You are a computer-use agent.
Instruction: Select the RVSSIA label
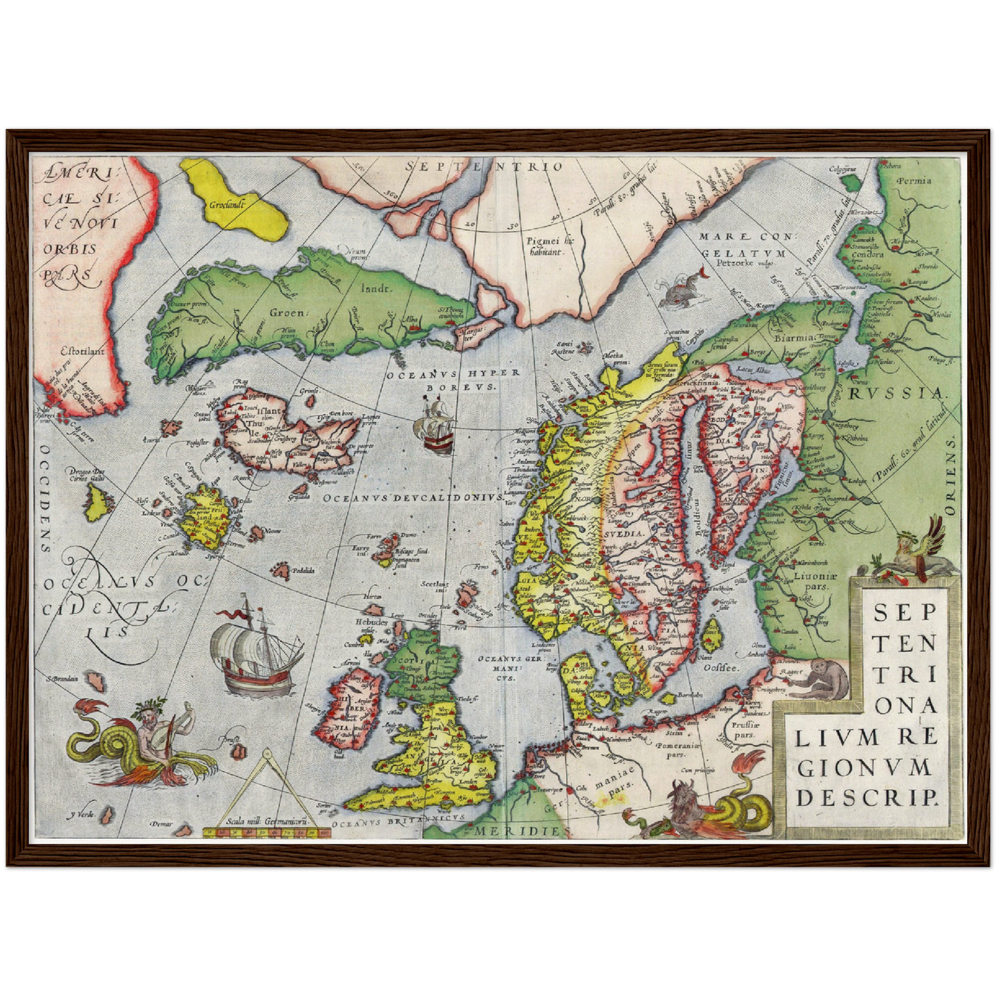[896, 394]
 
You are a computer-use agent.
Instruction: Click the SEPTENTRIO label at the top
[484, 166]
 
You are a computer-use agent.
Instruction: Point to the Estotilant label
[81, 351]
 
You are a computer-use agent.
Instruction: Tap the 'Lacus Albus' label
[754, 370]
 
